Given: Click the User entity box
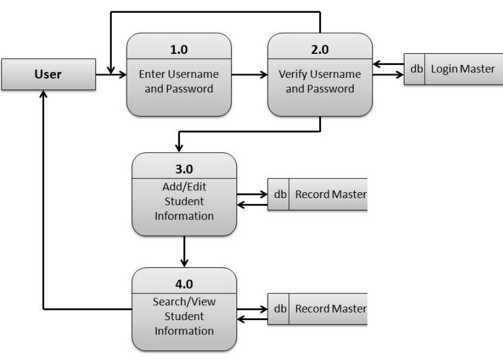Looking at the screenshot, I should (x=48, y=74).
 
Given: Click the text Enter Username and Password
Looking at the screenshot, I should (x=179, y=81).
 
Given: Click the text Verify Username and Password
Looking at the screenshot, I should (x=319, y=81).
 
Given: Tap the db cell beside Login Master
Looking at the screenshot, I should (x=414, y=69).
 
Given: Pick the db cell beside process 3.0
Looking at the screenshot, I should (x=278, y=195).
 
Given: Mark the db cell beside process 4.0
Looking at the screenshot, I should (x=278, y=308).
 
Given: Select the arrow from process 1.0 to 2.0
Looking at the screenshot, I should (x=250, y=75).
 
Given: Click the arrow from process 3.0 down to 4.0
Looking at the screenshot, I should (x=184, y=251).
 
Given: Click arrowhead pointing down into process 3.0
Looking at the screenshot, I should (x=179, y=146).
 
